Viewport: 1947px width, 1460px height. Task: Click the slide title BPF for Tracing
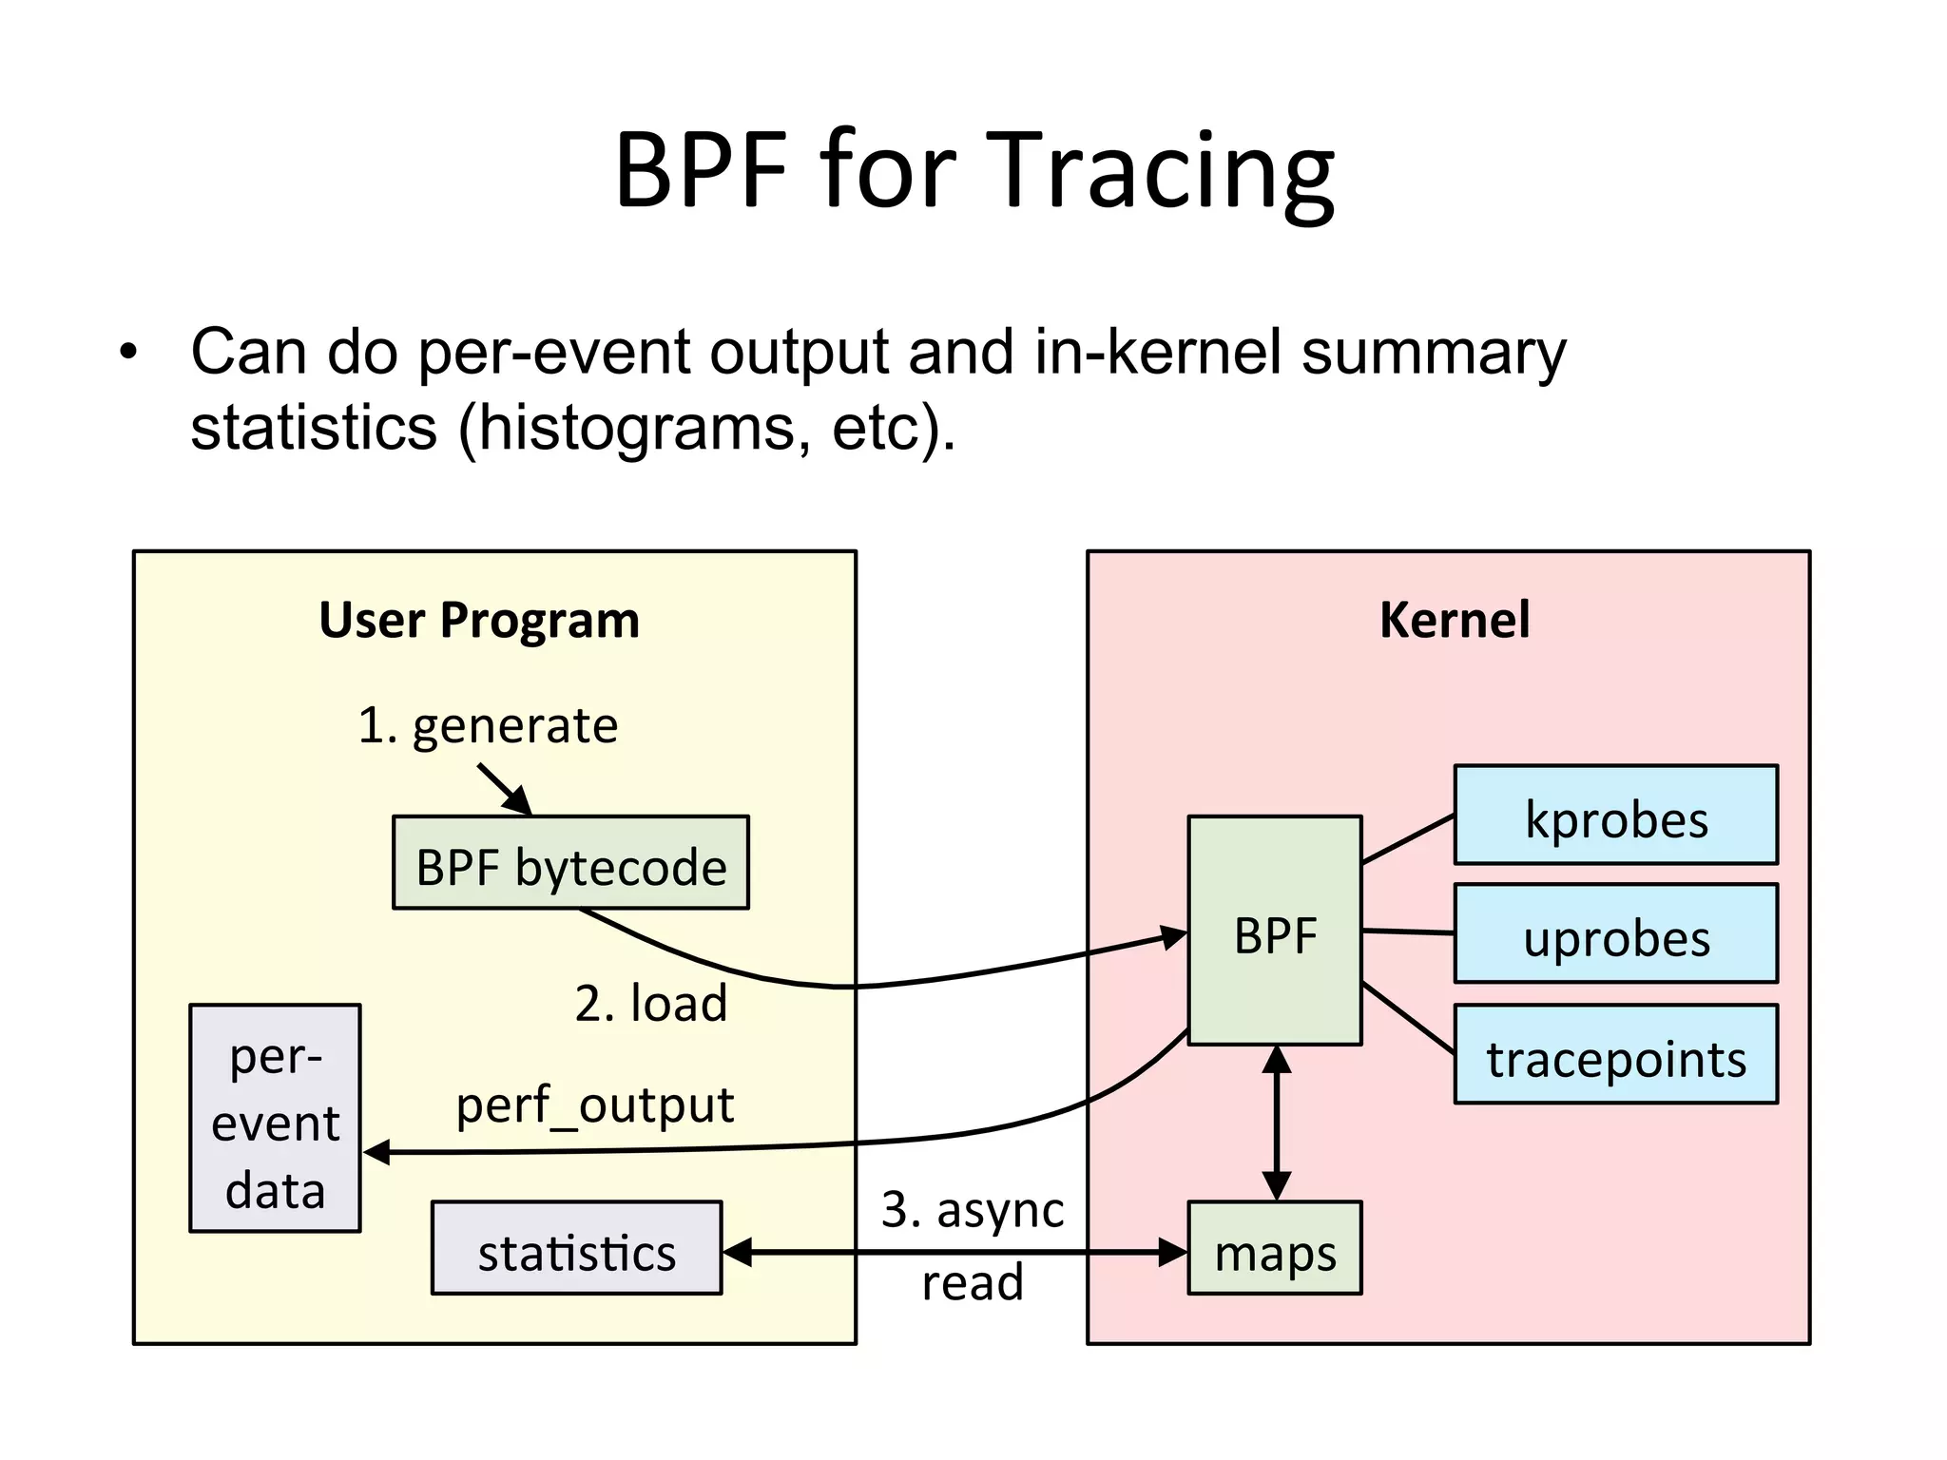(x=973, y=171)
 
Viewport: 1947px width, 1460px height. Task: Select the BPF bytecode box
(x=570, y=863)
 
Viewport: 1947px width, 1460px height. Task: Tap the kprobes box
(x=1615, y=816)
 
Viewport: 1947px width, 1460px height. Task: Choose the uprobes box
(x=1615, y=934)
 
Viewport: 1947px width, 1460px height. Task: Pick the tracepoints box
(x=1615, y=1055)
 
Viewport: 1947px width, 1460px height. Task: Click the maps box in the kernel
(x=1274, y=1249)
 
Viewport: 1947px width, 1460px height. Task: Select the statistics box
(x=576, y=1249)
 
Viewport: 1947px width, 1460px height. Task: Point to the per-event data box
(x=275, y=1119)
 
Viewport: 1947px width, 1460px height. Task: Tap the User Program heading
(x=479, y=620)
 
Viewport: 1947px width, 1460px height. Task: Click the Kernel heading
(x=1454, y=620)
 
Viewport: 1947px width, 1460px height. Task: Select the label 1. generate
(x=488, y=726)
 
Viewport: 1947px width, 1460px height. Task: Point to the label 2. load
(x=650, y=1004)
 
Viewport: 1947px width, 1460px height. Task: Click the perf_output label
(x=594, y=1105)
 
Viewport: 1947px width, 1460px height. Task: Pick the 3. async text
(x=972, y=1210)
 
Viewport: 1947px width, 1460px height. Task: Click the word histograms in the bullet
(x=635, y=428)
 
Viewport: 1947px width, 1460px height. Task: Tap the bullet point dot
(x=128, y=354)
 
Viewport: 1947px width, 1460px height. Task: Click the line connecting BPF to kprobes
(x=1408, y=839)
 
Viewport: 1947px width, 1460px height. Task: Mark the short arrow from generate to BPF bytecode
(x=504, y=789)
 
